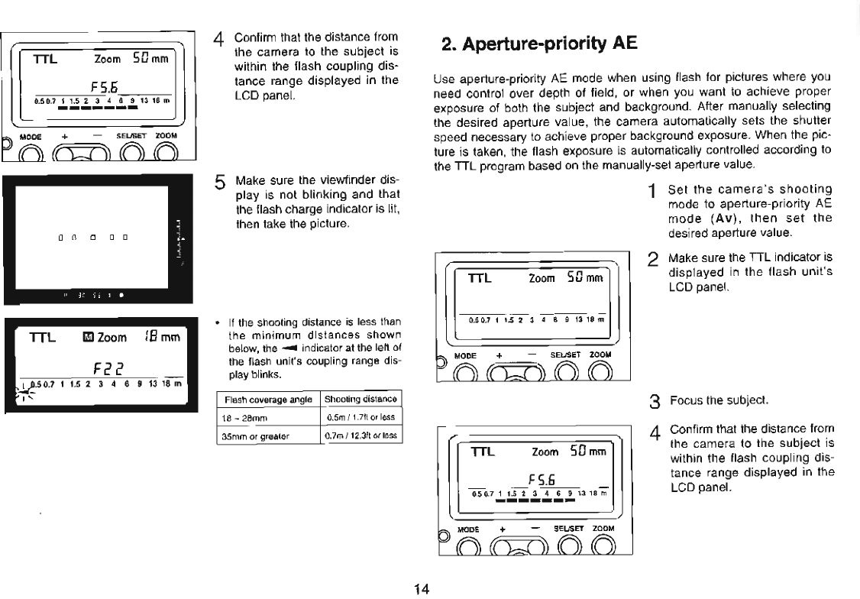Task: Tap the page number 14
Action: tap(422, 588)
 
